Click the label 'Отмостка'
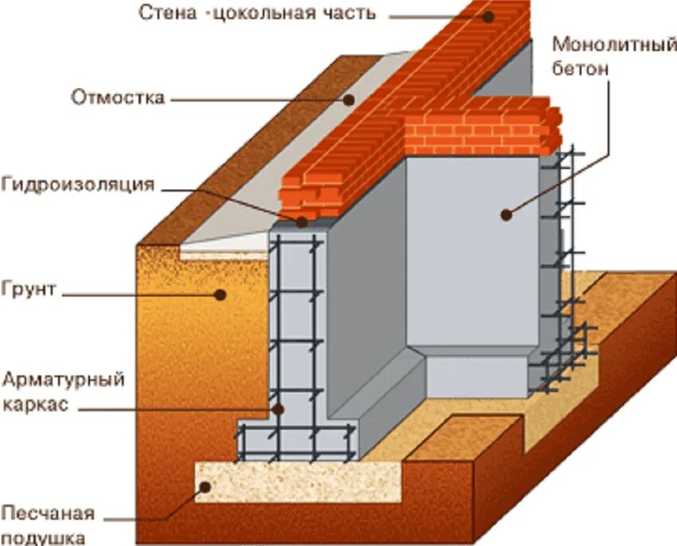coord(118,98)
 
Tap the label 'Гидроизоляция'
coord(76,185)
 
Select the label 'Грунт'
coord(29,288)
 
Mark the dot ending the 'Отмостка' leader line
coord(349,100)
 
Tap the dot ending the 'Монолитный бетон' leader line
coord(505,213)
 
